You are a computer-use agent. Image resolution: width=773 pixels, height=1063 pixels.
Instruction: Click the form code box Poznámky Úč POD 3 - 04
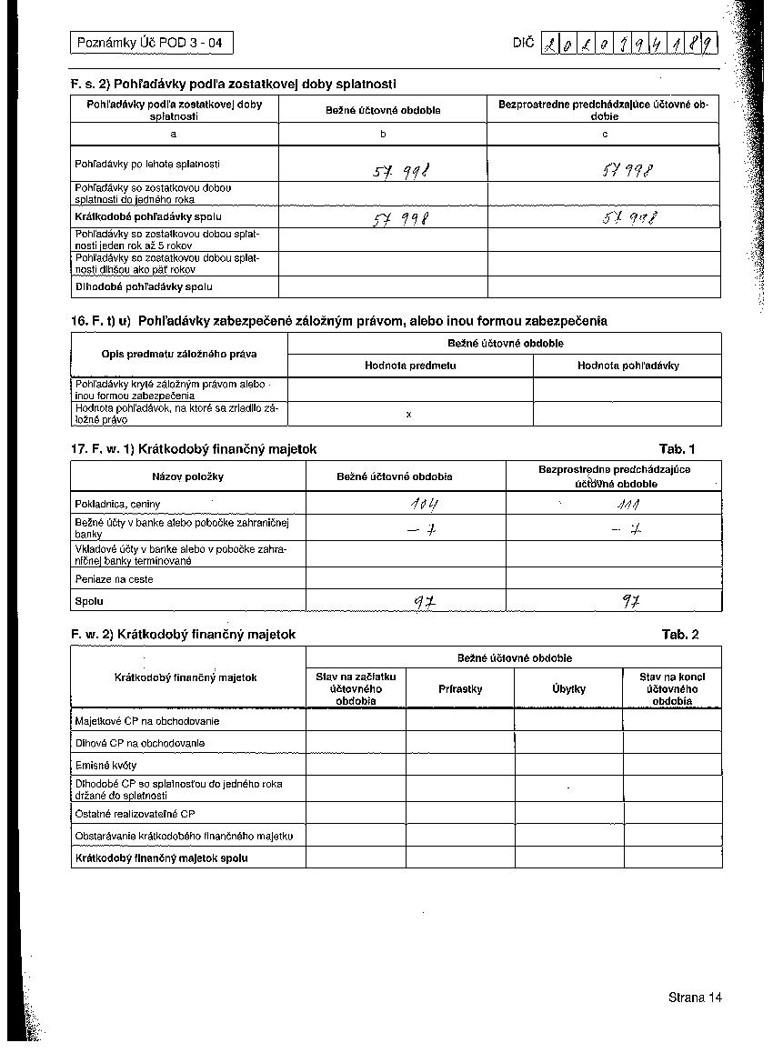point(151,43)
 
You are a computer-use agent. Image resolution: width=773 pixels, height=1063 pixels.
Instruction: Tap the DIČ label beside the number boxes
point(523,43)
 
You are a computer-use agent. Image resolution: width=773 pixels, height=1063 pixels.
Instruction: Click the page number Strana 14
point(695,998)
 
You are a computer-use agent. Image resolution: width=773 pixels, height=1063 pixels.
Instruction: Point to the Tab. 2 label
point(680,635)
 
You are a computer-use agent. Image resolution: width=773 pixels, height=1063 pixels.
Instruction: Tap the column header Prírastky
point(460,689)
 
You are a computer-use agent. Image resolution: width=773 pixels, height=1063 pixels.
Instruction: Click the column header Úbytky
point(568,689)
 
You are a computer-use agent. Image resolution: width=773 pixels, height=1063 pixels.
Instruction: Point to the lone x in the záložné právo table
point(409,415)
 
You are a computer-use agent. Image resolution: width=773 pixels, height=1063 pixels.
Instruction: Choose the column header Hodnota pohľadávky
point(627,366)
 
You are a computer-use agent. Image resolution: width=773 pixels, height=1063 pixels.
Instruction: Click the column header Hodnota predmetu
point(410,366)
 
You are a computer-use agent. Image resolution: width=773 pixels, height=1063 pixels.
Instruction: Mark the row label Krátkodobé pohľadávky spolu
point(148,217)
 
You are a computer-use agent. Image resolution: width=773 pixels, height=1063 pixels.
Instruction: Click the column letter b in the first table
point(383,135)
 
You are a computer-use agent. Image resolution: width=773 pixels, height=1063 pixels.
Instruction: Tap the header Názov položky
point(188,476)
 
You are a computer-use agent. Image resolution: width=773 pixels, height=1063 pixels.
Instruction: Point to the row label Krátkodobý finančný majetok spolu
point(162,857)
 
